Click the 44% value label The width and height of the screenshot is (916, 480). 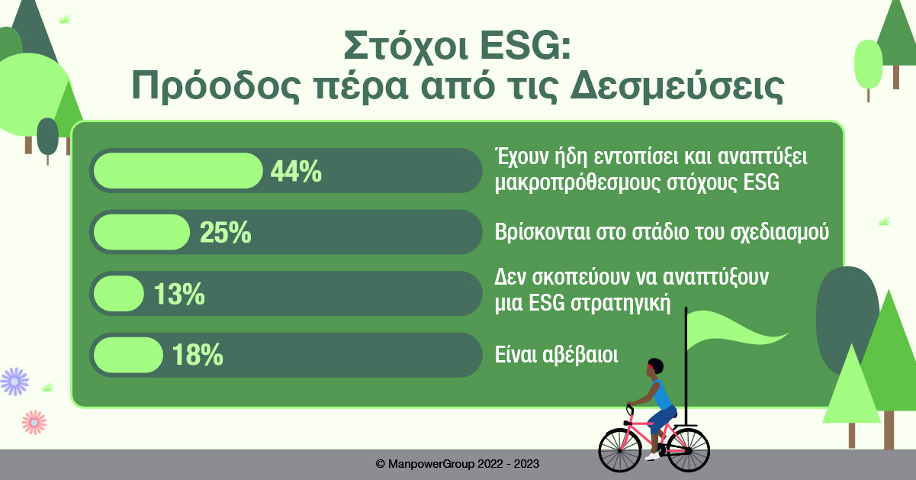[296, 172]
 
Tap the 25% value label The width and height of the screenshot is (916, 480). [225, 233]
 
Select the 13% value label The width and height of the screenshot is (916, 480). [179, 294]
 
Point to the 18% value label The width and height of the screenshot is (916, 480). [198, 355]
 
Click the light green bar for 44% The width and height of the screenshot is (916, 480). [178, 171]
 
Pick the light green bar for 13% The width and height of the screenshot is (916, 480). [118, 294]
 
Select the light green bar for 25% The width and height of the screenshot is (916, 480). [141, 232]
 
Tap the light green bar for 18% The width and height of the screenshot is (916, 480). [128, 355]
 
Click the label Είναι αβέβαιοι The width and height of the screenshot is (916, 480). [554, 355]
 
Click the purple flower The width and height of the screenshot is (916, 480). [14, 381]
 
